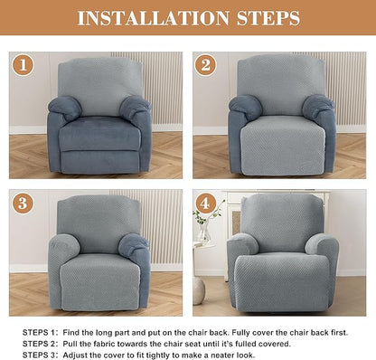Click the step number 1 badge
tap(23, 65)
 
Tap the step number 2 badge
tap(205, 65)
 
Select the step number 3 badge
tap(23, 203)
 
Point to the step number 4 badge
tap(205, 203)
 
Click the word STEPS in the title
tap(265, 17)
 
